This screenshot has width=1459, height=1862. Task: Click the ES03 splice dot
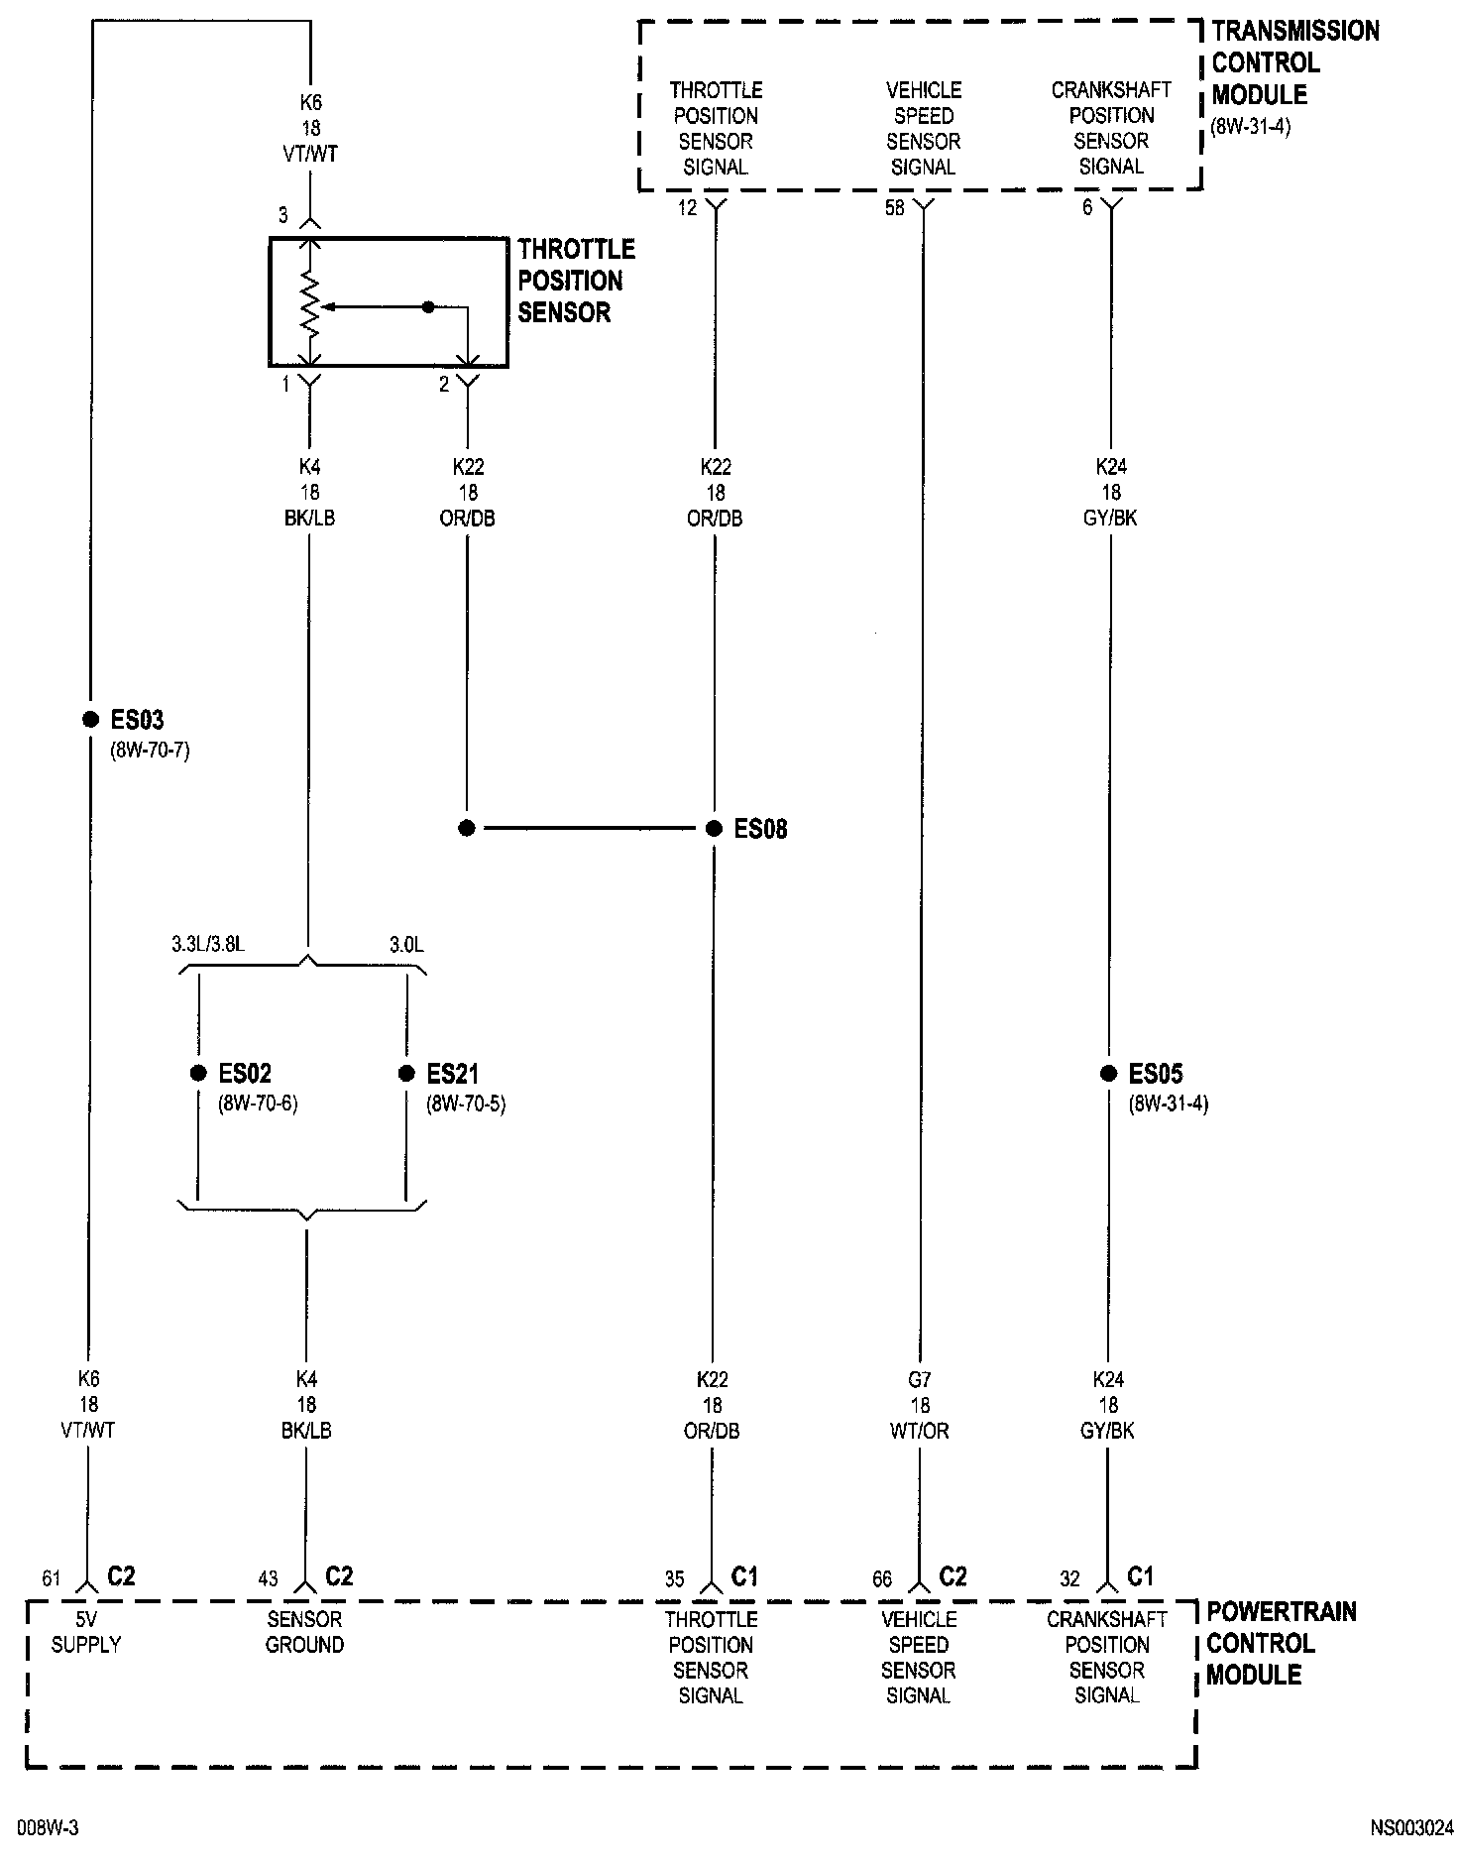(90, 719)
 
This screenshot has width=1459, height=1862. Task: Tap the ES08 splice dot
(714, 829)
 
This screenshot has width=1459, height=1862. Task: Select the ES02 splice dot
(198, 1073)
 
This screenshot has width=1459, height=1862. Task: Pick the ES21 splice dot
(406, 1073)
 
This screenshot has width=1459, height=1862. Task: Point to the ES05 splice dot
(1109, 1073)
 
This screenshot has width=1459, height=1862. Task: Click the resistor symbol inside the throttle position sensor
(311, 306)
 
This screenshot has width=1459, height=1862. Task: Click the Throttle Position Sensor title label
(576, 281)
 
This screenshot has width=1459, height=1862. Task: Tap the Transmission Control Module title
(1294, 63)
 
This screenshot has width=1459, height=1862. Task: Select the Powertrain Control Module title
(1280, 1643)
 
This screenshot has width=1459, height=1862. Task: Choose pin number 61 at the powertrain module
(52, 1578)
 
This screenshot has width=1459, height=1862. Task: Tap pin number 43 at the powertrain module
(269, 1578)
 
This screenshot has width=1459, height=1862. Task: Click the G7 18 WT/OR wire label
(920, 1405)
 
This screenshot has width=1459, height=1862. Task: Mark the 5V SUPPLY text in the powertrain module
(86, 1632)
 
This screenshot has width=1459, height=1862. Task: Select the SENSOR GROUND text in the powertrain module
(305, 1632)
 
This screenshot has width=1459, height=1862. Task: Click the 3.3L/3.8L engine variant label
(207, 945)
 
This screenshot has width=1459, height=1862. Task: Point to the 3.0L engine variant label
(406, 945)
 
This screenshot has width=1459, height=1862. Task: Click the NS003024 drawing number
(1412, 1827)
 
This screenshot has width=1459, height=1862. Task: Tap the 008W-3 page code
(48, 1827)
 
